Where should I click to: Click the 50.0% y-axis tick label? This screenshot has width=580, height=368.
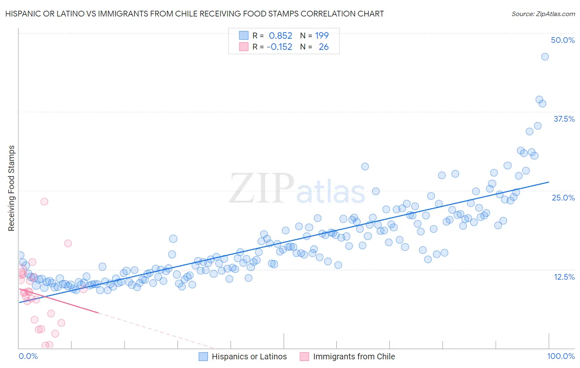click(563, 40)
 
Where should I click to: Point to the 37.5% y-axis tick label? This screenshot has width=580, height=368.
click(564, 119)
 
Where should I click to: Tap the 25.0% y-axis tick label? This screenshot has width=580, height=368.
click(563, 198)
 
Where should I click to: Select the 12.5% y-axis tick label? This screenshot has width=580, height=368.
click(564, 277)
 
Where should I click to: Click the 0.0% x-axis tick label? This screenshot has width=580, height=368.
click(28, 356)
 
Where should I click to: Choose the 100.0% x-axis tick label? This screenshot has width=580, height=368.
click(561, 356)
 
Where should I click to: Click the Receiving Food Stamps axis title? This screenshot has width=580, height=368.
click(12, 188)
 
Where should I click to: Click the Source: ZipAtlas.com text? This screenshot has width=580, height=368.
click(543, 14)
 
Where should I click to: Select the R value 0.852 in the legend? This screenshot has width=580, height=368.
click(281, 36)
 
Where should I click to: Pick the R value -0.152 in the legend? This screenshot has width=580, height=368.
click(279, 47)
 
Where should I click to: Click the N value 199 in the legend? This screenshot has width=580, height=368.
click(322, 36)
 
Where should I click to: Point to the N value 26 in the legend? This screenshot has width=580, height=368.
click(323, 47)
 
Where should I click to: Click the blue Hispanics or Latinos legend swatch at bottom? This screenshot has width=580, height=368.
click(203, 356)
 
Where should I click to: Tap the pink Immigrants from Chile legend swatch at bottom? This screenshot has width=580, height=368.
click(304, 356)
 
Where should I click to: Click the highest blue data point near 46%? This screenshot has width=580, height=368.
click(545, 57)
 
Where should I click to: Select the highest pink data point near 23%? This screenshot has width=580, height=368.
click(44, 201)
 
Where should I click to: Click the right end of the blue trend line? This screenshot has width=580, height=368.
click(549, 182)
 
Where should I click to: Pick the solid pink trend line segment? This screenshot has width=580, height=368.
click(58, 301)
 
